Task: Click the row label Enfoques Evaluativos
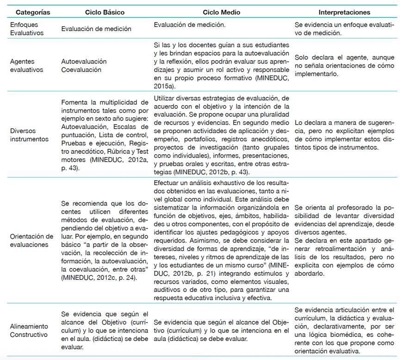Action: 26,29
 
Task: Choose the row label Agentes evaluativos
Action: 26,65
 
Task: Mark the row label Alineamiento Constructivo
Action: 29,329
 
